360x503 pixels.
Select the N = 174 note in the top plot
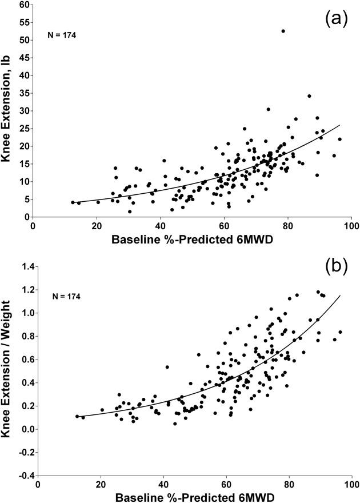pos(61,35)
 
